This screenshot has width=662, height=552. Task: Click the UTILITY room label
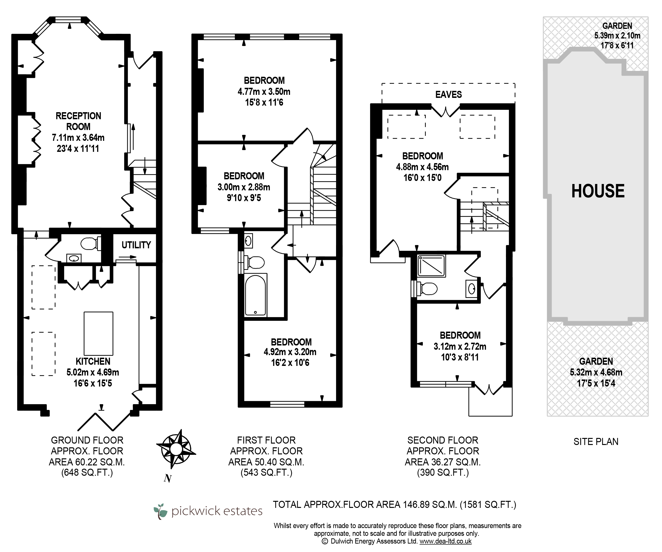(136, 245)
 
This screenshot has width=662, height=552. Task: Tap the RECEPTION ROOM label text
(78, 121)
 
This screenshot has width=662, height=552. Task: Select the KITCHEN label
(93, 361)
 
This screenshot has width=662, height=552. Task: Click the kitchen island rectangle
(98, 333)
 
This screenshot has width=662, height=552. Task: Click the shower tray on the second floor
(431, 266)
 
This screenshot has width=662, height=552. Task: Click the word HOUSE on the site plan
(598, 191)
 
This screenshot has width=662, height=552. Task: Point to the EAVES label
(449, 94)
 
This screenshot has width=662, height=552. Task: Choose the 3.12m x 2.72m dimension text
(460, 346)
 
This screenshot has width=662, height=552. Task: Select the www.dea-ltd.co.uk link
(445, 541)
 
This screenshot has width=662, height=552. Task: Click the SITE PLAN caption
(596, 442)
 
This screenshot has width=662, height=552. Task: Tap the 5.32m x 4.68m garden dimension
(596, 372)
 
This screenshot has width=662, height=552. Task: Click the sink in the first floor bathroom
(249, 241)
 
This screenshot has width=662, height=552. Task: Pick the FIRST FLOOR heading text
(266, 440)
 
